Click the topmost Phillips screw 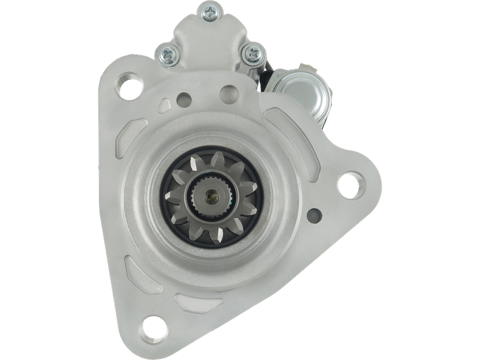pyautogui.click(x=210, y=10)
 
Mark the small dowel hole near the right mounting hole pyautogui.click(x=314, y=214)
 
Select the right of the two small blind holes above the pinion pyautogui.click(x=227, y=94)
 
